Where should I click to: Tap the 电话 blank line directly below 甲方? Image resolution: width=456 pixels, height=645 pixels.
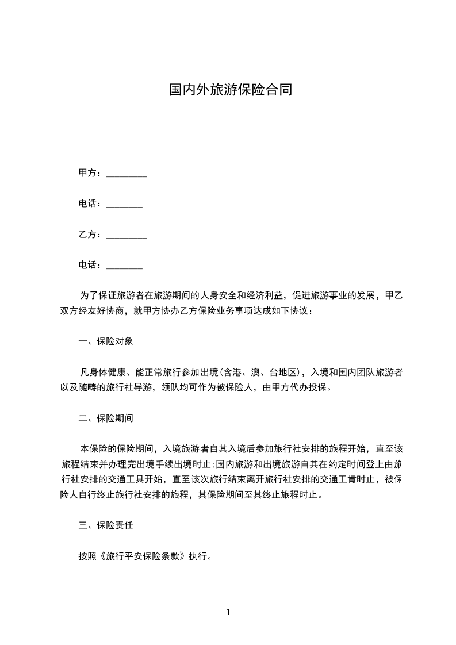click(124, 204)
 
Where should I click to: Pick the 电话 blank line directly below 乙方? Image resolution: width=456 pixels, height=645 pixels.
click(124, 266)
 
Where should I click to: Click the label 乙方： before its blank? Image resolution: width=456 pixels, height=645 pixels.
click(91, 235)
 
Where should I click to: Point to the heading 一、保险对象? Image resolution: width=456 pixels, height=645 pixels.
click(106, 341)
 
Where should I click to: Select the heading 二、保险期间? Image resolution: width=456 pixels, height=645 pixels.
click(106, 418)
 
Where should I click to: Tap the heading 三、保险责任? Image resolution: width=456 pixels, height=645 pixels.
click(106, 525)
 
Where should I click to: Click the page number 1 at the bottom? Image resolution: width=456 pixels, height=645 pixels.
click(228, 612)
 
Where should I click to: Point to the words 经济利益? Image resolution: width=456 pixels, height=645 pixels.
click(264, 295)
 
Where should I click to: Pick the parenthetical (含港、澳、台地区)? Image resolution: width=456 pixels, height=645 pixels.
click(264, 372)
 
